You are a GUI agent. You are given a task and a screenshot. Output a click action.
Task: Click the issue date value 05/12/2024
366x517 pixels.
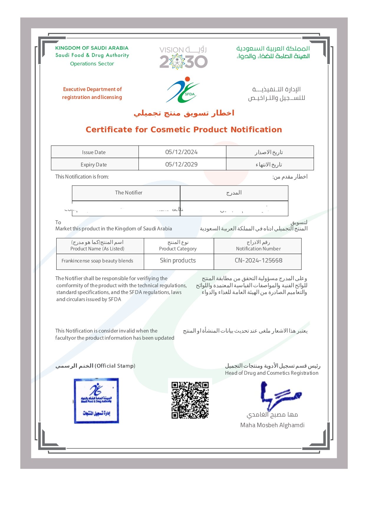click(182, 152)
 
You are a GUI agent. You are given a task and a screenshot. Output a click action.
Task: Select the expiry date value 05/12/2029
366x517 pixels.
click(182, 164)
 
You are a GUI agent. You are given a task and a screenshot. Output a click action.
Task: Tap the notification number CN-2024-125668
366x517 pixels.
click(258, 260)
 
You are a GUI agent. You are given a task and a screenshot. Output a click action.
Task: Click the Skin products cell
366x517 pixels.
click(178, 260)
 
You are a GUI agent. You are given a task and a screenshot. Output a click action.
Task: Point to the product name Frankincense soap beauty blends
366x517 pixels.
click(97, 261)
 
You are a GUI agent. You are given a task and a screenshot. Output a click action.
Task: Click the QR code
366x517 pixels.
click(190, 400)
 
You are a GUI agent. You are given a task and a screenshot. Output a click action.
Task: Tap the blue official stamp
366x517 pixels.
click(96, 401)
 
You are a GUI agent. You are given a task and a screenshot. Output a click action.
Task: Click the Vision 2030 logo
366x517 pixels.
click(184, 58)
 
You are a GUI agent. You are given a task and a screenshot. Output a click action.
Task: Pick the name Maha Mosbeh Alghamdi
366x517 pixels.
click(272, 425)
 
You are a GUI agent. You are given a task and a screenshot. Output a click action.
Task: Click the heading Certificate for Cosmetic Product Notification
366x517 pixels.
click(184, 130)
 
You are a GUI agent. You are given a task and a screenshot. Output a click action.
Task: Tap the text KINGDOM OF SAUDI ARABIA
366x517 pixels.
click(92, 48)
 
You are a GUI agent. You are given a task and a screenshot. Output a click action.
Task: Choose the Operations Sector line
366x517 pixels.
click(92, 64)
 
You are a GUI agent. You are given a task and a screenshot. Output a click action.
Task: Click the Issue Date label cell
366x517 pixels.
click(94, 152)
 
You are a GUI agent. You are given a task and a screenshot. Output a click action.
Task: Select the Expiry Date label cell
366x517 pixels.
click(94, 165)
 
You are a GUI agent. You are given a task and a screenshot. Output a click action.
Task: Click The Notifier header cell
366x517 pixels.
click(128, 193)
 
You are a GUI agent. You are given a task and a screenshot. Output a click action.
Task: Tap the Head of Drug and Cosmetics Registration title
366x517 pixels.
click(272, 373)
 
